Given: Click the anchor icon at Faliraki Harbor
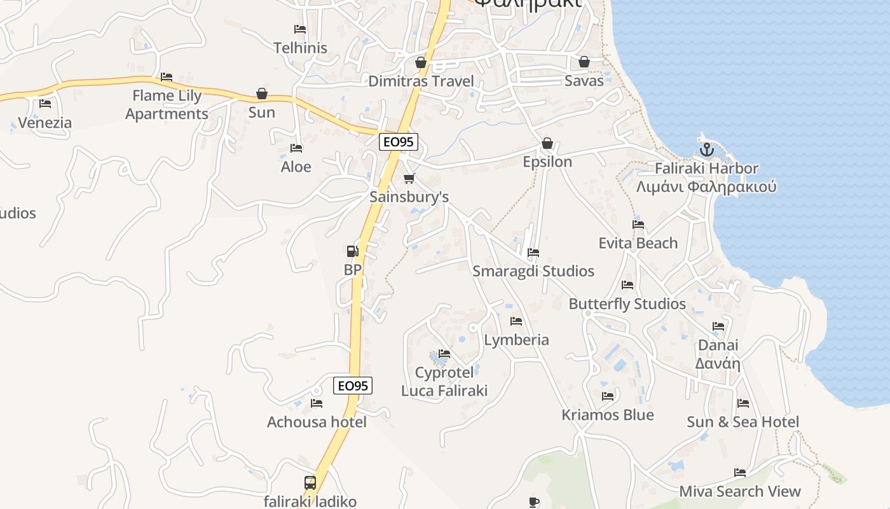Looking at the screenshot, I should tap(706, 150).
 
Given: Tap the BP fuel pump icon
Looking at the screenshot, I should tap(352, 251).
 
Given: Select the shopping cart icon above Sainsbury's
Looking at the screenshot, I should tap(409, 179).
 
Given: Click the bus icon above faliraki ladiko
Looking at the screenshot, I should tap(310, 483).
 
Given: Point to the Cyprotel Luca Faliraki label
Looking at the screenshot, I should tap(444, 381).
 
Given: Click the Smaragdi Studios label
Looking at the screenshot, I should tap(533, 271).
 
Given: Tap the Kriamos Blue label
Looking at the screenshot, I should tap(607, 415).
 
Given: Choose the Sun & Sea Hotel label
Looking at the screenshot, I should tap(743, 422).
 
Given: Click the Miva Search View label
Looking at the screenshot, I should tap(739, 491).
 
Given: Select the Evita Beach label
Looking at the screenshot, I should tap(638, 243).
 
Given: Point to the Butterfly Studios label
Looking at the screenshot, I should tap(627, 304).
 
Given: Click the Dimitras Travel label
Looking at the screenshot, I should tap(421, 81).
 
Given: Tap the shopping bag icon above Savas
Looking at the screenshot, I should tap(584, 62).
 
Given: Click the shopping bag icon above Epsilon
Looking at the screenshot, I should tap(547, 143).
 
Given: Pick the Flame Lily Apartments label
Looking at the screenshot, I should tap(167, 105).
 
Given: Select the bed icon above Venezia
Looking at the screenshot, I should tap(44, 104).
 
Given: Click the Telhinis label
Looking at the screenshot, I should tap(300, 48).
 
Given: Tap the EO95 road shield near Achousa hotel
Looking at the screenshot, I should tap(352, 386).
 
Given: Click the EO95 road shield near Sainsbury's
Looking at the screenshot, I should tap(399, 142).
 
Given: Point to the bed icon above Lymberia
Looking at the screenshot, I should tap(516, 321).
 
